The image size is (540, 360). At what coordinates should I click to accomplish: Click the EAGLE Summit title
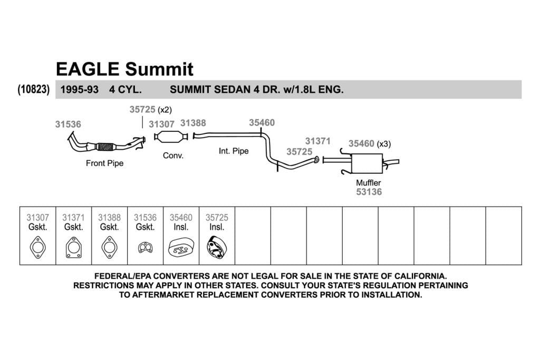pyautogui.click(x=124, y=69)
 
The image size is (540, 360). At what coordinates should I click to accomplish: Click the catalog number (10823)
pyautogui.click(x=33, y=90)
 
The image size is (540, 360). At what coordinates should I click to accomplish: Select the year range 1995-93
pyautogui.click(x=80, y=90)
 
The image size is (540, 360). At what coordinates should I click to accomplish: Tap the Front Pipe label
pyautogui.click(x=105, y=163)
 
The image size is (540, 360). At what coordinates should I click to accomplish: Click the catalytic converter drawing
pyautogui.click(x=171, y=137)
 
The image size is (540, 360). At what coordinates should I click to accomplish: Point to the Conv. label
pyautogui.click(x=173, y=155)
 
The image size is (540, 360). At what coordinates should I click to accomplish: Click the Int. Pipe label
pyautogui.click(x=234, y=151)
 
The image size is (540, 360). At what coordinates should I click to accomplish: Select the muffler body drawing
pyautogui.click(x=367, y=163)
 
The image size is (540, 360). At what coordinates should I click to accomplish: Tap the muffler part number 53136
pyautogui.click(x=369, y=192)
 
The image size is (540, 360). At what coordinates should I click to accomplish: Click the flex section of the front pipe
pyautogui.click(x=105, y=147)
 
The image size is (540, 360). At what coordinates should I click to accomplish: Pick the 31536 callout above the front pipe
pyautogui.click(x=68, y=124)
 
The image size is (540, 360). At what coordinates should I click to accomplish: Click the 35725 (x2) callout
pyautogui.click(x=150, y=110)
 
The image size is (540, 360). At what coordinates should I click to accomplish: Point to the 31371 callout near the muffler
pyautogui.click(x=318, y=141)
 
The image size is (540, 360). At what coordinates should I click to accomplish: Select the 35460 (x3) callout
pyautogui.click(x=370, y=143)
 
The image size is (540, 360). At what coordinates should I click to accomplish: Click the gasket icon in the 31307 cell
pyautogui.click(x=37, y=247)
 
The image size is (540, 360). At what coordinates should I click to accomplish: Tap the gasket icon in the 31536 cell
pyautogui.click(x=146, y=247)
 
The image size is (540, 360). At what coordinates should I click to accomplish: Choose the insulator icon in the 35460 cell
pyautogui.click(x=181, y=247)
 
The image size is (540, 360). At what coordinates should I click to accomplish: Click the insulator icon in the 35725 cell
pyautogui.click(x=216, y=247)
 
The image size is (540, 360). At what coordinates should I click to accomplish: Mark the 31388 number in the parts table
pyautogui.click(x=110, y=218)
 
